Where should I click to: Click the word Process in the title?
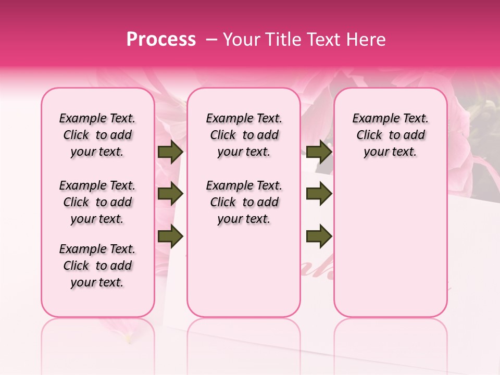[161, 40]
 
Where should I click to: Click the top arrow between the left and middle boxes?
[170, 152]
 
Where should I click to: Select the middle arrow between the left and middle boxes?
[170, 194]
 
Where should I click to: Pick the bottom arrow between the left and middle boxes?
[170, 236]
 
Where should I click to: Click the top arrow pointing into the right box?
[319, 152]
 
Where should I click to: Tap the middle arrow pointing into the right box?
[319, 194]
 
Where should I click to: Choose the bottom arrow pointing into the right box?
[319, 236]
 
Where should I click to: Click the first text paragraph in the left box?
[97, 135]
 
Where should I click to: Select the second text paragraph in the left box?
[97, 202]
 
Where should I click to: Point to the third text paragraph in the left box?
[97, 266]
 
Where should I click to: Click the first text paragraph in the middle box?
[244, 135]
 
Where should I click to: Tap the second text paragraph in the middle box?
[244, 202]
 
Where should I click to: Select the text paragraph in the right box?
[390, 135]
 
